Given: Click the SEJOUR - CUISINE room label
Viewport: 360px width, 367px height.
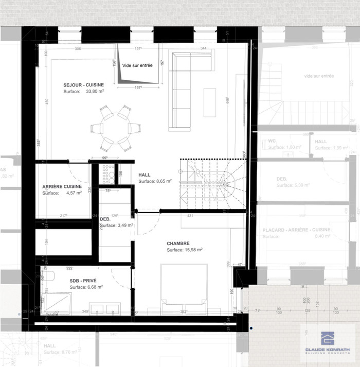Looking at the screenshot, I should coord(83,85).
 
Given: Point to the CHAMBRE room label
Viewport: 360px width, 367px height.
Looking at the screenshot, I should coord(178,243).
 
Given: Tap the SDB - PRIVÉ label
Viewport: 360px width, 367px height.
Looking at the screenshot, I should coord(83,281).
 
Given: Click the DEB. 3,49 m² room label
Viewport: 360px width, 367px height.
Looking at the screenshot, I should coord(105,219).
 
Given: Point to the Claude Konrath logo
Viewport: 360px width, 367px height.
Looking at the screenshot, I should coord(327,340).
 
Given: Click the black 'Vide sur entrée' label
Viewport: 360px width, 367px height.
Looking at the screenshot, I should coord(137,65).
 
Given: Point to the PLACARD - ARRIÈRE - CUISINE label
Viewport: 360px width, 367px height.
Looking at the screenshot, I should coord(296,230).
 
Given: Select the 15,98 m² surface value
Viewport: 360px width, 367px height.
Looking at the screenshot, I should coord(193,250).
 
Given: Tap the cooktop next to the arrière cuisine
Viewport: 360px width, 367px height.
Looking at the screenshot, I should coord(109,174).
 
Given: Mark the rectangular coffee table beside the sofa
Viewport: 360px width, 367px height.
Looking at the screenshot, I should coord(210,102).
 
